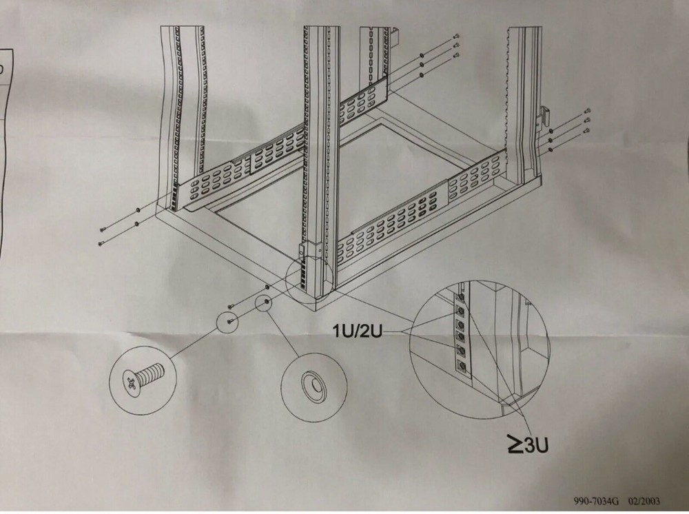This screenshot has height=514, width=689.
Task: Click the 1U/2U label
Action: point(359,331)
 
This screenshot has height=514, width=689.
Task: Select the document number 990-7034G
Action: point(596,502)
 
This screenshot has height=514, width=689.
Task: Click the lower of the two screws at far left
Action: point(101,243)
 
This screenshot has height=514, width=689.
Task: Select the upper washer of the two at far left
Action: point(138,209)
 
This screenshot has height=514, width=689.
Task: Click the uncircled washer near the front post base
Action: point(267,284)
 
